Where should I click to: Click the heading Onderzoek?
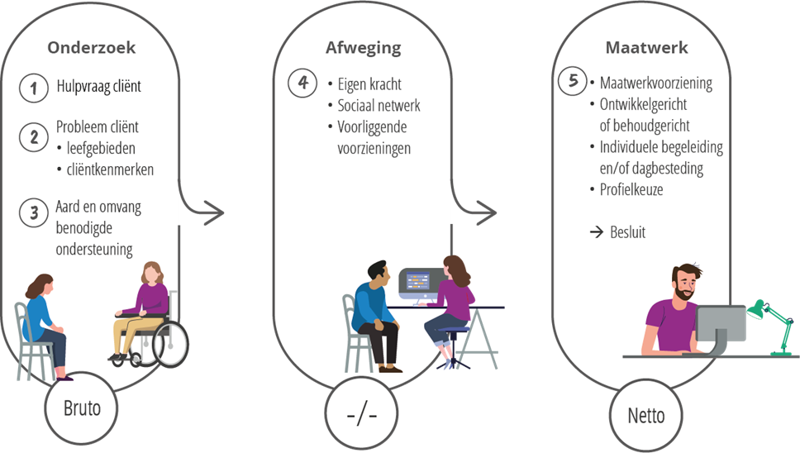coord(91,48)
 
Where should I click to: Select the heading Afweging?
coord(363,48)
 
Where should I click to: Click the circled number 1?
coord(34,88)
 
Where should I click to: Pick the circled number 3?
coord(34,212)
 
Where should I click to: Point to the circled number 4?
coord(303,84)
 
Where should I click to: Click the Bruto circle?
coord(87,408)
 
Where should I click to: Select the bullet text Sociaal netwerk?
coord(379,106)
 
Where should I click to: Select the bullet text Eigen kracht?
coord(369,84)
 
